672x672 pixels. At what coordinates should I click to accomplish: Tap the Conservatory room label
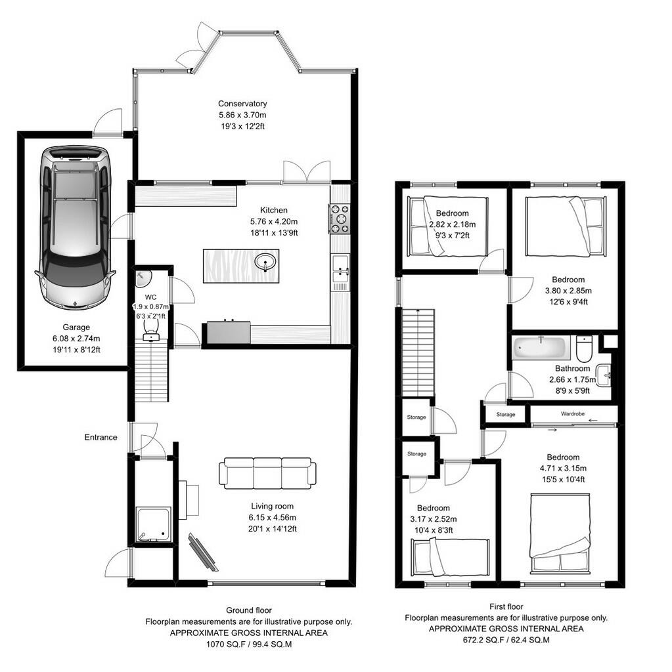[242, 104]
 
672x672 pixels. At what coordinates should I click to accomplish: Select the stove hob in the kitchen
[340, 219]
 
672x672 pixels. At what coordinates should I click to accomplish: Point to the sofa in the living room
[267, 472]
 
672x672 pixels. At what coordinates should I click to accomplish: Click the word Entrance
[101, 437]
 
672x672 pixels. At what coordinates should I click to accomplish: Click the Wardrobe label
[573, 414]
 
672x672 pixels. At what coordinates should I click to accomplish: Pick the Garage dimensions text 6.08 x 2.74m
[77, 339]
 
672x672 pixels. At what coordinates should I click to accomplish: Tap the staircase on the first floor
[418, 352]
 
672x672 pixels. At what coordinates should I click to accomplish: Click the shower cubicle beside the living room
[153, 524]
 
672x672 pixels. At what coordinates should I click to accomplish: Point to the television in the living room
[202, 550]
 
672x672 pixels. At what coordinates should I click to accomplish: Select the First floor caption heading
[506, 607]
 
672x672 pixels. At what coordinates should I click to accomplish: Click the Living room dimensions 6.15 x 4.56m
[271, 517]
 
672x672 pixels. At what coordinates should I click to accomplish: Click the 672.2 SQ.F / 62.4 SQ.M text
[506, 639]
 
